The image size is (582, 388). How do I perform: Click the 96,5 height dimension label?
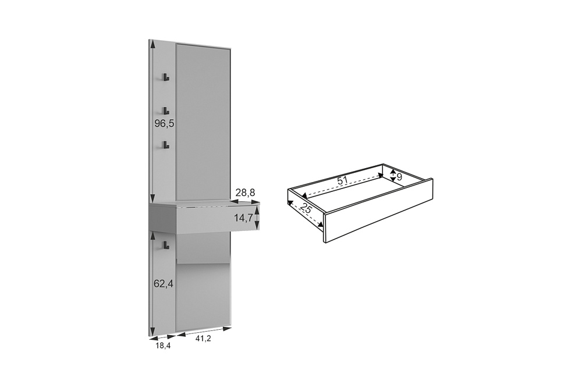tap(165, 123)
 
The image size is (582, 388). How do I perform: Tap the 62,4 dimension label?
tap(164, 284)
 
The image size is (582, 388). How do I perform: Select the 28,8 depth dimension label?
tap(246, 193)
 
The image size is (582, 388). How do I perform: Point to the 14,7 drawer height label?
tap(243, 218)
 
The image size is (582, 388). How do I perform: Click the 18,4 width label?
tap(162, 346)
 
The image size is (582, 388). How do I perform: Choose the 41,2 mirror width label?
tap(203, 339)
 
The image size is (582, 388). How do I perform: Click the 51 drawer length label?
tap(343, 181)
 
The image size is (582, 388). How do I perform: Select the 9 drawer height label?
tap(399, 177)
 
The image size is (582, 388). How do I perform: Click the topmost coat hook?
tap(165, 77)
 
